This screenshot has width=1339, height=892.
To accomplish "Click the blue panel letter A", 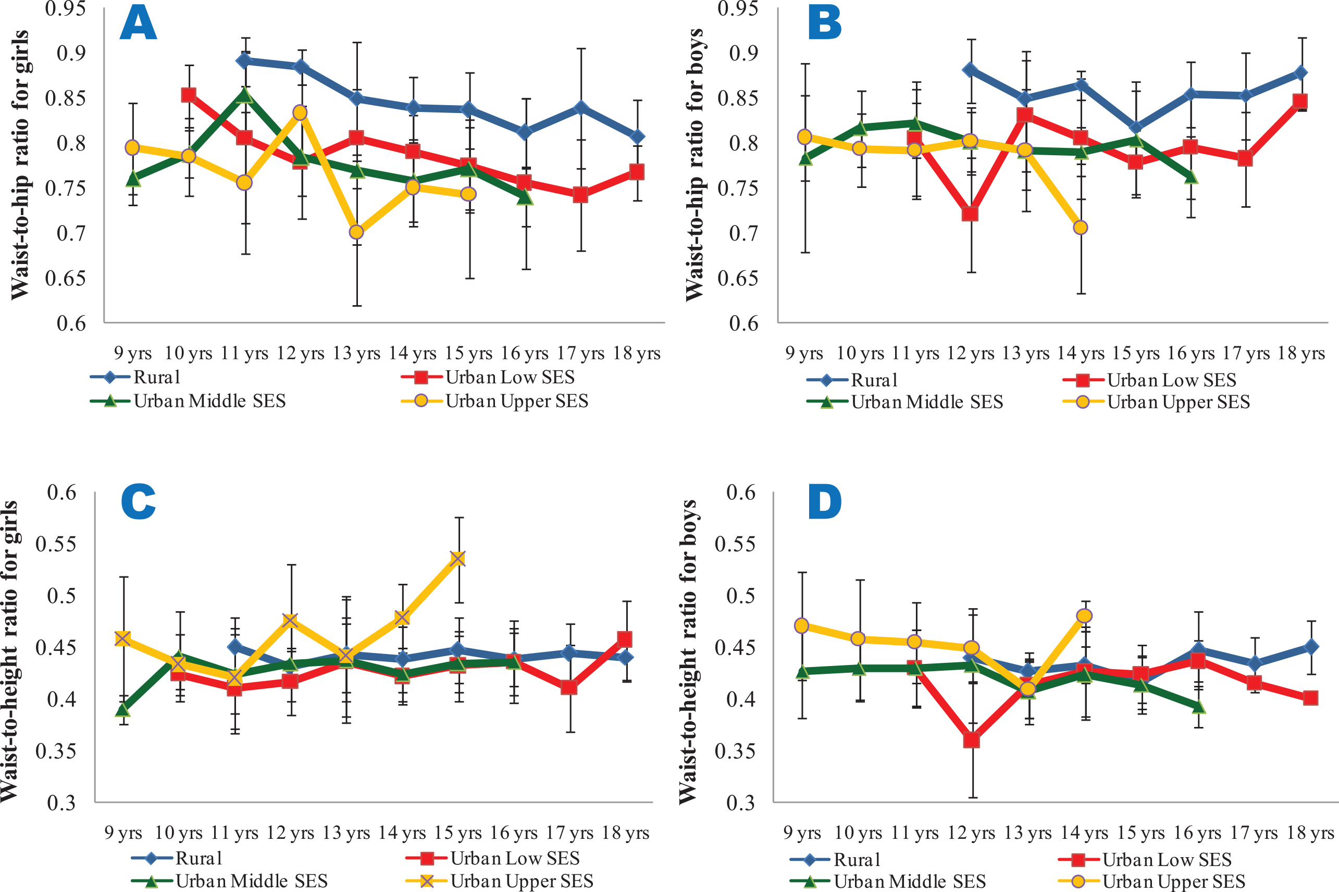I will click(138, 24).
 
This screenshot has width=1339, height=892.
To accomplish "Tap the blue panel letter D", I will click(825, 502).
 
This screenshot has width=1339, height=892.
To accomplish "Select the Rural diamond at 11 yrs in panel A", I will click(245, 60).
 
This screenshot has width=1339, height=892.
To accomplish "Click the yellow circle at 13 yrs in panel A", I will click(356, 232).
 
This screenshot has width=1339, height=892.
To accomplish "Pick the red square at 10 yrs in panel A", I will click(189, 95).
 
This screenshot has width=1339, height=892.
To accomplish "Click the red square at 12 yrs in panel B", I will click(970, 214).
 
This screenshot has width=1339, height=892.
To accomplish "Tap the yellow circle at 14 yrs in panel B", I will click(1081, 228).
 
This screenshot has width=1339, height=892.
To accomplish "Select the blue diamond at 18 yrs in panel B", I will click(1301, 73).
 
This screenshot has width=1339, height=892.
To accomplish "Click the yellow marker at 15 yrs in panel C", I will click(458, 559).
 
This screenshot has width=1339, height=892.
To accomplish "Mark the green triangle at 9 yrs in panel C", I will click(123, 710).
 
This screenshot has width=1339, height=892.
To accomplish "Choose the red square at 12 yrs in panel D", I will click(971, 740).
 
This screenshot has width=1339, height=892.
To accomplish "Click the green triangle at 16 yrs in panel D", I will click(1198, 707).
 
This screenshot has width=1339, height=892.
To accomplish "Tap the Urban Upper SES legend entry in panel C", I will click(520, 881).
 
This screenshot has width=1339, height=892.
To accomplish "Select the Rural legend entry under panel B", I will click(874, 380).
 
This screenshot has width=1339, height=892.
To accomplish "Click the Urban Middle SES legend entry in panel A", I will click(209, 401).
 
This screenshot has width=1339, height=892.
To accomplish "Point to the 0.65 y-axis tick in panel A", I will click(66, 278).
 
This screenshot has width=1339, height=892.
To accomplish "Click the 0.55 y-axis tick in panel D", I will click(735, 544).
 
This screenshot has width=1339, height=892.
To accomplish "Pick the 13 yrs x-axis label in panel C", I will click(346, 833).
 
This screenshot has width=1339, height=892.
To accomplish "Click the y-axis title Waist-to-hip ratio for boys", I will click(695, 165).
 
